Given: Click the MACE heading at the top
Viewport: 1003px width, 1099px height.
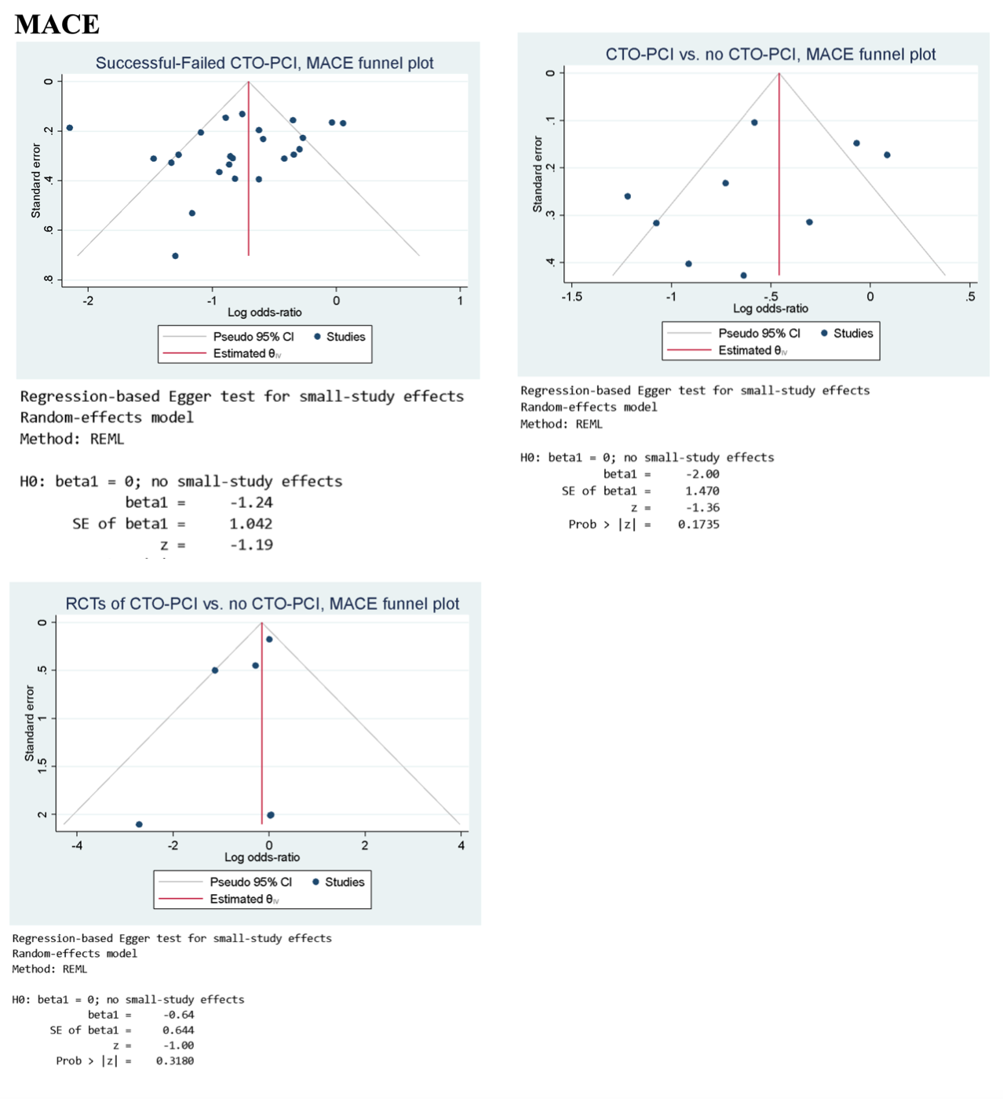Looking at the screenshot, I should coord(57,24).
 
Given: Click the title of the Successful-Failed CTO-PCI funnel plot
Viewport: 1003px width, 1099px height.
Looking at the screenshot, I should coord(264,63).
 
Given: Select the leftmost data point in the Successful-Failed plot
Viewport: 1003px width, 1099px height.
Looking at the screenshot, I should coord(70,128).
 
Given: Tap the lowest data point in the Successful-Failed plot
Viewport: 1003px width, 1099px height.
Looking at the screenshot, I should coord(175,256).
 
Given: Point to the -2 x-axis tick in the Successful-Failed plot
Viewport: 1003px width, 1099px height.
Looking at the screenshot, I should coord(88,301).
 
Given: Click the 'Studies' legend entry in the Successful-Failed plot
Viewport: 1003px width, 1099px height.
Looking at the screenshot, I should coord(345,337).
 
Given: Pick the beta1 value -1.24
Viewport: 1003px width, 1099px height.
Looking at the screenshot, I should coord(251,502).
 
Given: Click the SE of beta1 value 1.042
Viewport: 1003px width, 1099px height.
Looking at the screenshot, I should coord(251,524).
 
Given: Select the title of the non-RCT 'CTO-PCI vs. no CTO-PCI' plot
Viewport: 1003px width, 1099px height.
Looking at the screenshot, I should coord(770,54).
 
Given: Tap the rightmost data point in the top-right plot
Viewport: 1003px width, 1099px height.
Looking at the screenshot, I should coord(887,155).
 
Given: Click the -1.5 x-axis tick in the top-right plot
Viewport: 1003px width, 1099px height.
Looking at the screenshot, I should coord(571,297).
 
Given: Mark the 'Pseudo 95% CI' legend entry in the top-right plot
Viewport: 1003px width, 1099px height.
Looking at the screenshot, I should coord(759,334).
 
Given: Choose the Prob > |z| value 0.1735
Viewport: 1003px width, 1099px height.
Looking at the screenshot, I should coord(698,524).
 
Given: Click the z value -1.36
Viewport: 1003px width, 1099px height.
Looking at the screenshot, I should coord(702,508).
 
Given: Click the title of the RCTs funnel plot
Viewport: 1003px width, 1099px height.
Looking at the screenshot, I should coord(262,604).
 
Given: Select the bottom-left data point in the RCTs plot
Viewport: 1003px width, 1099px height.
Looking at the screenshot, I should coord(139,824).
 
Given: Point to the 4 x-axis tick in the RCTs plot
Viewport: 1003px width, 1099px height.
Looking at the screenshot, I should coord(461,845).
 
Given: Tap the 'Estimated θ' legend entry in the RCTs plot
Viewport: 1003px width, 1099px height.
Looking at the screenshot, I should coord(243,900).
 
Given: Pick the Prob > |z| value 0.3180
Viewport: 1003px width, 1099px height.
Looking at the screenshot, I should coord(174,1061).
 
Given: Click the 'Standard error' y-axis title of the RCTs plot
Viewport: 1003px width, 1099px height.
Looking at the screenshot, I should coord(30,723).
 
